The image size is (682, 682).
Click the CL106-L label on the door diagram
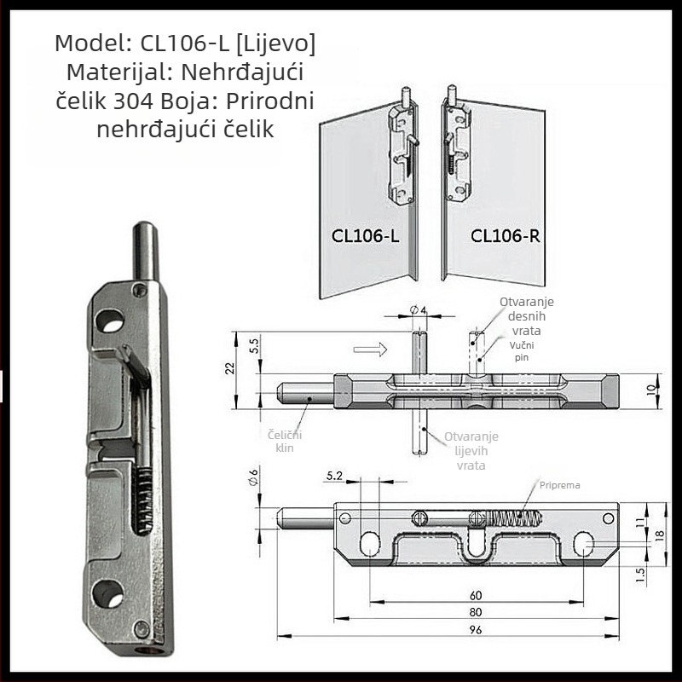pyautogui.click(x=365, y=236)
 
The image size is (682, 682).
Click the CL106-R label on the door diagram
pyautogui.click(x=505, y=236)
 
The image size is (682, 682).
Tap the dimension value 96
pyautogui.click(x=476, y=629)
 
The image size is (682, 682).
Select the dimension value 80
pyautogui.click(x=476, y=612)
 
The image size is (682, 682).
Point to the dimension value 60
pyautogui.click(x=476, y=595)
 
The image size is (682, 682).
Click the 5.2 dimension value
pyautogui.click(x=334, y=477)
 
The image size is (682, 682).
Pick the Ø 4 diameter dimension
pyautogui.click(x=418, y=309)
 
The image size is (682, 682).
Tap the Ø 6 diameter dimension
pyautogui.click(x=253, y=477)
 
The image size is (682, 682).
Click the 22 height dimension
pyautogui.click(x=230, y=368)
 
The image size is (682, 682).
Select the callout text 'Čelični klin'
pyautogui.click(x=285, y=441)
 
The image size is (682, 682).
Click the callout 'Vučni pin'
pyautogui.click(x=522, y=351)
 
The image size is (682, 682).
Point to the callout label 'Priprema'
pyautogui.click(x=559, y=485)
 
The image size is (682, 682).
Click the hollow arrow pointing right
pyautogui.click(x=370, y=350)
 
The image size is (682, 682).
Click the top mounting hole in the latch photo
pyautogui.click(x=109, y=321)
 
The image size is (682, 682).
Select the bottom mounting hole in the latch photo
pyautogui.click(x=107, y=593)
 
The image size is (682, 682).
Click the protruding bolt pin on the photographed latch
pyautogui.click(x=145, y=251)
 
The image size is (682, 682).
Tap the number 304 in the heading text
pyautogui.click(x=133, y=101)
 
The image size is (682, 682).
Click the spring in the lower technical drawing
pyautogui.click(x=514, y=518)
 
